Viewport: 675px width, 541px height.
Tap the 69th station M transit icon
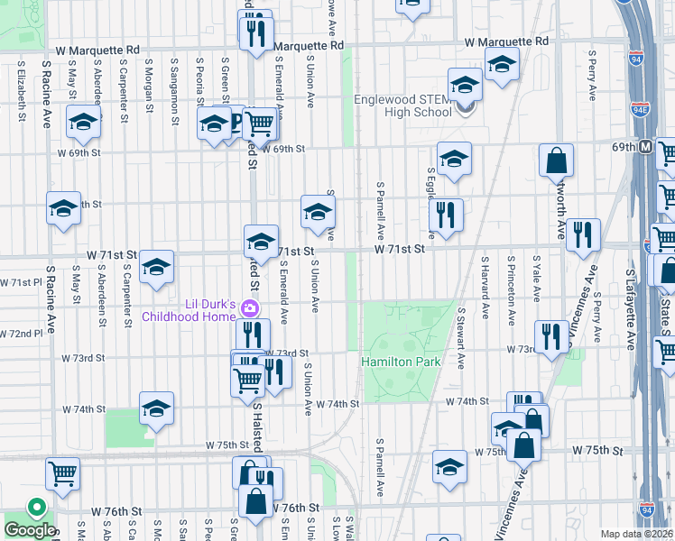coord(646,146)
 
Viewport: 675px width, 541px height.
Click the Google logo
coord(30,530)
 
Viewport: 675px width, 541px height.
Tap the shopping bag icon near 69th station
coord(557,160)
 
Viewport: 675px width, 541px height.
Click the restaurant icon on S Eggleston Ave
coord(446,215)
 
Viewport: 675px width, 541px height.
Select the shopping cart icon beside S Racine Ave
coord(62,472)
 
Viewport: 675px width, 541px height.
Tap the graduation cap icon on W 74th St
coord(156,408)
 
